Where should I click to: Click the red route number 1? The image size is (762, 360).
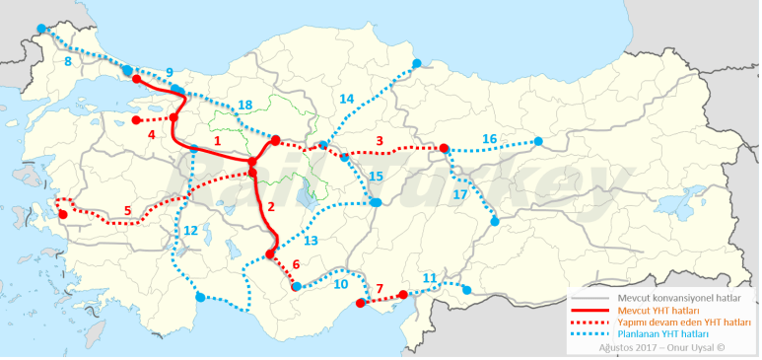218,142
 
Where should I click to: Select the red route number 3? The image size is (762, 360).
380,141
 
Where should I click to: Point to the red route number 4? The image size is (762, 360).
152,134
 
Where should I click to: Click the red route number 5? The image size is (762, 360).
127,210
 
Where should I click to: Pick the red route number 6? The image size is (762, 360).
296,263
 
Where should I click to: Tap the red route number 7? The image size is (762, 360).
380,288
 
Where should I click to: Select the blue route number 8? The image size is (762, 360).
67,61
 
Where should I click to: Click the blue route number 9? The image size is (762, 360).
170,72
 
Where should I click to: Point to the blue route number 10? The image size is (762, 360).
340,284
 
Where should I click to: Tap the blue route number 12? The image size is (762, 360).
190,230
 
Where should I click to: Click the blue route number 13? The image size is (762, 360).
311,240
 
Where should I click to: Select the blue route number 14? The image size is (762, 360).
346,99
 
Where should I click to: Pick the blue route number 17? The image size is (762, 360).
459,194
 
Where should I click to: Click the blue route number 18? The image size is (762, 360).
245,105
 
